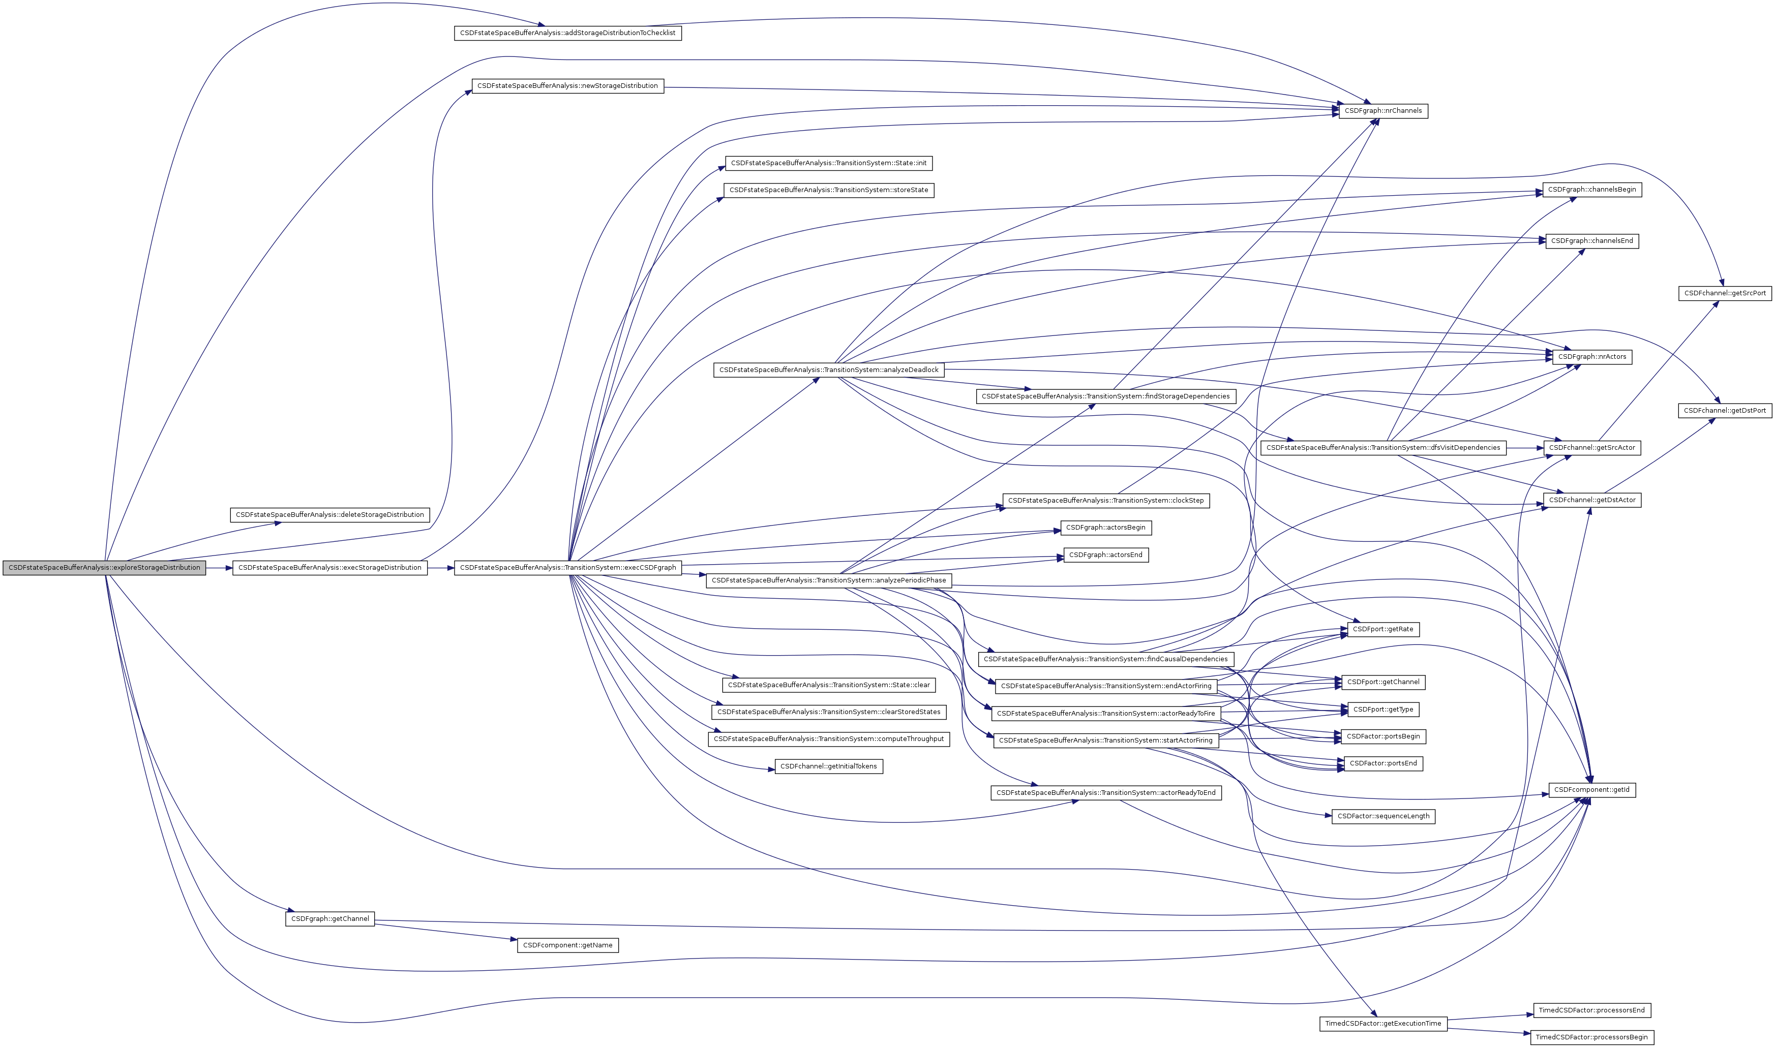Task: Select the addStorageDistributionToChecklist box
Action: (567, 33)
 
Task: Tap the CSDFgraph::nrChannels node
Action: (1382, 111)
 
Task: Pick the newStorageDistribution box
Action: (567, 86)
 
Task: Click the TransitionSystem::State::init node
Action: (829, 163)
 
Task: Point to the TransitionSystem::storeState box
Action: (829, 190)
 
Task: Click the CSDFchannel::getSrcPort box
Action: (1724, 293)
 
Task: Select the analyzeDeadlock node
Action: (829, 370)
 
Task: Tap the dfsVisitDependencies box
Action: (1383, 448)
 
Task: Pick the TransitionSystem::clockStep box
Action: (1105, 501)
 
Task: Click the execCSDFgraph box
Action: (567, 568)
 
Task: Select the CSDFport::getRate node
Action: (1383, 629)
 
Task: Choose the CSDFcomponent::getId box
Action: (1591, 789)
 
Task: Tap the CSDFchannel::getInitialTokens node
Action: (829, 766)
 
